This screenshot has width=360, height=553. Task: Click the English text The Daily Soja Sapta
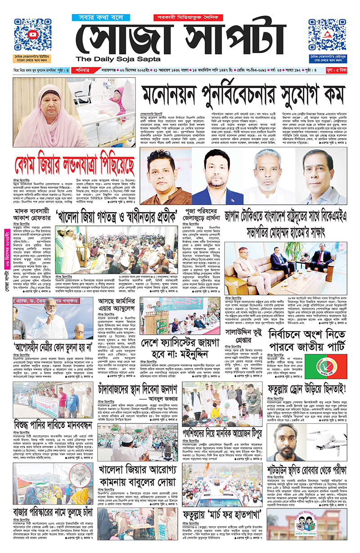(x=119, y=59)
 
